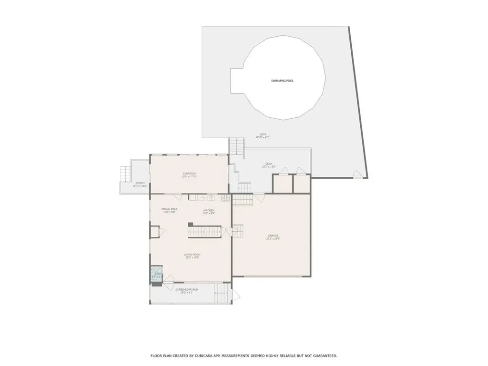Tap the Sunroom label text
coord(189,173)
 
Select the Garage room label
coord(273,236)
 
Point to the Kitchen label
coord(209,210)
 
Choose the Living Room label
coord(192,255)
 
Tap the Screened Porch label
coord(186,290)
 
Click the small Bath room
coord(156,274)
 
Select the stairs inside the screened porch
coord(220,292)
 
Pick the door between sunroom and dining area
coord(176,196)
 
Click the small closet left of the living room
coord(155,232)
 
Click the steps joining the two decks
coord(236,146)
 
